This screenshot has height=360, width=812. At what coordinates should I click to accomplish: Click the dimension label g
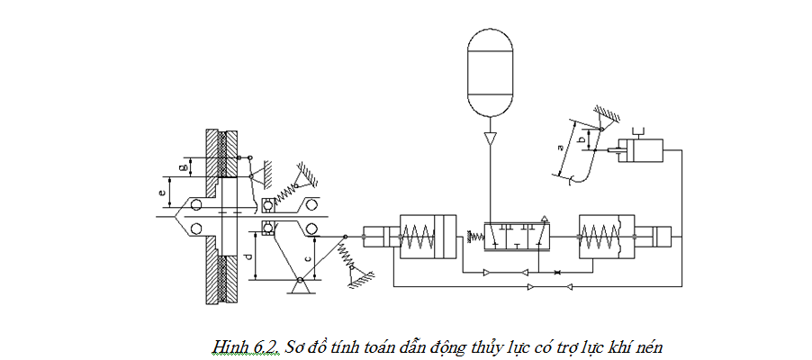[x=182, y=167]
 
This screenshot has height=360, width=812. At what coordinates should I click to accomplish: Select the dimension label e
[x=163, y=193]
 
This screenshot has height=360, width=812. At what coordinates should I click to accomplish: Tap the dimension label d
[x=248, y=256]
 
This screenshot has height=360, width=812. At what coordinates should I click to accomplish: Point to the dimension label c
[x=309, y=258]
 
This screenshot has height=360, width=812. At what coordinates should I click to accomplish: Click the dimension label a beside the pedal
[x=560, y=148]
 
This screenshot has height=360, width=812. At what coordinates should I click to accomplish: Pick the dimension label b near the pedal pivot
[x=582, y=139]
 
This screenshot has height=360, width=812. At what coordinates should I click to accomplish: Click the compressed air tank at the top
[x=490, y=73]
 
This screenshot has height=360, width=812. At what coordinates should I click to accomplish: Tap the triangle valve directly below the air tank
[x=490, y=139]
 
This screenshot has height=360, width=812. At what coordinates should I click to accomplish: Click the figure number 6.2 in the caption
[x=253, y=347]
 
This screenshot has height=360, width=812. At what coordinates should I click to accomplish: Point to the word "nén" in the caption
[x=651, y=347]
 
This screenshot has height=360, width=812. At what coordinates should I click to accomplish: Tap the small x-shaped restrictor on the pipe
[x=556, y=272]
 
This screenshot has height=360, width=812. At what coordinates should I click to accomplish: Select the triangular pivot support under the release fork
[x=300, y=286]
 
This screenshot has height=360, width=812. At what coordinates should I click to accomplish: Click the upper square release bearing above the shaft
[x=267, y=205]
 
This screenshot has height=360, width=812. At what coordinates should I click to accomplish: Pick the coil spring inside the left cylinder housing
[x=418, y=236]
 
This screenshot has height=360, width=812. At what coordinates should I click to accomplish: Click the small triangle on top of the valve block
[x=545, y=219]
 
